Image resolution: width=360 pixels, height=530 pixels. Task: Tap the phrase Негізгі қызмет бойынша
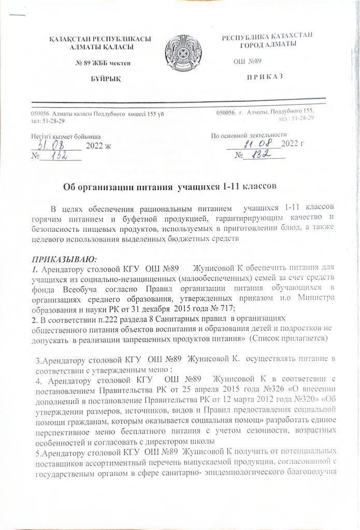point(63,136)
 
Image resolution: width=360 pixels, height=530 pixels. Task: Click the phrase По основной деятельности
point(246,136)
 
